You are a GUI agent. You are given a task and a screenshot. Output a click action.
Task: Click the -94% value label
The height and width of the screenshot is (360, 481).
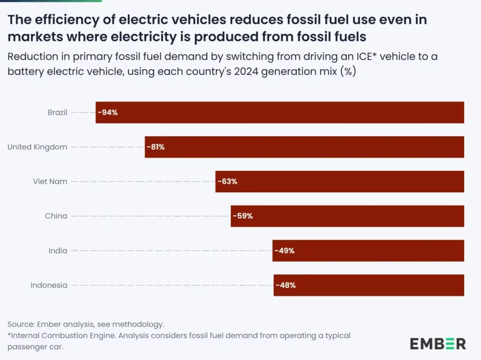pos(108,113)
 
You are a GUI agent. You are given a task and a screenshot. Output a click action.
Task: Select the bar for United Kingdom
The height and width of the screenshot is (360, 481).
pos(304,147)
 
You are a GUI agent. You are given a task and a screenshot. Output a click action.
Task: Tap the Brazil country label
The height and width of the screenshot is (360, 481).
pos(57,113)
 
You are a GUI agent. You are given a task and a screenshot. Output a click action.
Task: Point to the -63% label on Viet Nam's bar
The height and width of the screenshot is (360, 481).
pos(227,181)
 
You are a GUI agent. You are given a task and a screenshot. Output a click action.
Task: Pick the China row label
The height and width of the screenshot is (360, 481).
pos(56,216)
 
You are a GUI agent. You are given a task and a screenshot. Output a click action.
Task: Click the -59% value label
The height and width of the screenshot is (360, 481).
pos(243,216)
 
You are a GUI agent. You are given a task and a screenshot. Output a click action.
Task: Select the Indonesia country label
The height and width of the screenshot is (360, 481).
pos(49,285)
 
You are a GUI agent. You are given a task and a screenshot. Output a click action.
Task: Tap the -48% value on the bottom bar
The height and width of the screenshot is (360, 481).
pos(286,285)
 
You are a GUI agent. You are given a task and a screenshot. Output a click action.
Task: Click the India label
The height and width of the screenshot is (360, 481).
pos(58,251)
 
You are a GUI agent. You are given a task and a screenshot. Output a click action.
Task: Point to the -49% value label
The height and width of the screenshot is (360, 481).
pos(285,251)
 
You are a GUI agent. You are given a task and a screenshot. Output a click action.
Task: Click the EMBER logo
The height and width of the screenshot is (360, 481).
pos(438,344)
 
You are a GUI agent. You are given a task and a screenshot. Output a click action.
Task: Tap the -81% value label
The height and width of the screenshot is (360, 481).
pos(155,147)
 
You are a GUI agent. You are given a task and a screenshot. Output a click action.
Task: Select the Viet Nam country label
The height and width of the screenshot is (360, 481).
pos(50,181)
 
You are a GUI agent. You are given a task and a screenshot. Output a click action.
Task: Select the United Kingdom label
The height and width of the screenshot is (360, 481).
pos(37,147)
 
